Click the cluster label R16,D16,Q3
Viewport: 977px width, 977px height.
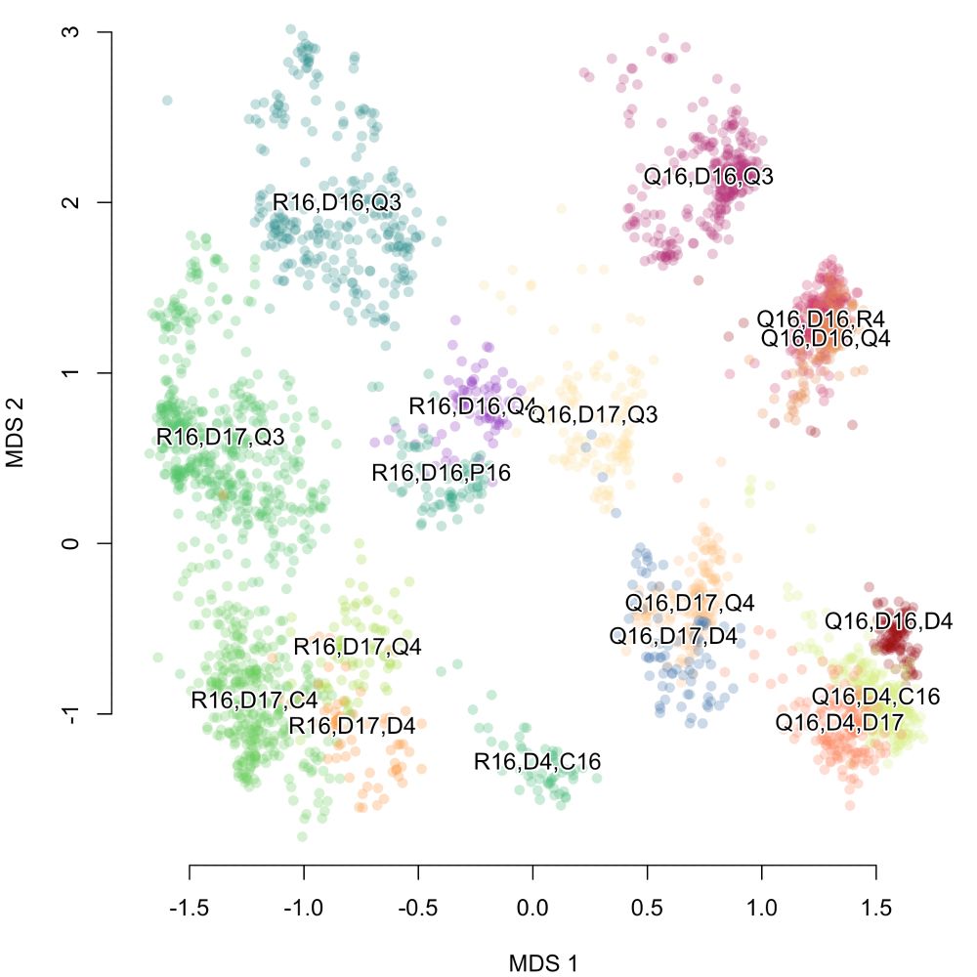336,203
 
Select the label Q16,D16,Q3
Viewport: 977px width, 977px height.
709,177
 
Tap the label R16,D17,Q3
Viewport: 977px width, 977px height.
221,437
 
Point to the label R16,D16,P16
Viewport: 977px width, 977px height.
442,473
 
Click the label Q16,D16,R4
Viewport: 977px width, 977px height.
822,319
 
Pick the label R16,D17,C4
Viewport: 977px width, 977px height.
254,700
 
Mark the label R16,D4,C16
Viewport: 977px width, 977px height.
537,762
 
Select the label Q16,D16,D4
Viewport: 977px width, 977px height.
888,620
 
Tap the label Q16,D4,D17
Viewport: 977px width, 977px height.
839,723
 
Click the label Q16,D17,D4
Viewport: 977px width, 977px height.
673,636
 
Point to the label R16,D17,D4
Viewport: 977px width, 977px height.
353,726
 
